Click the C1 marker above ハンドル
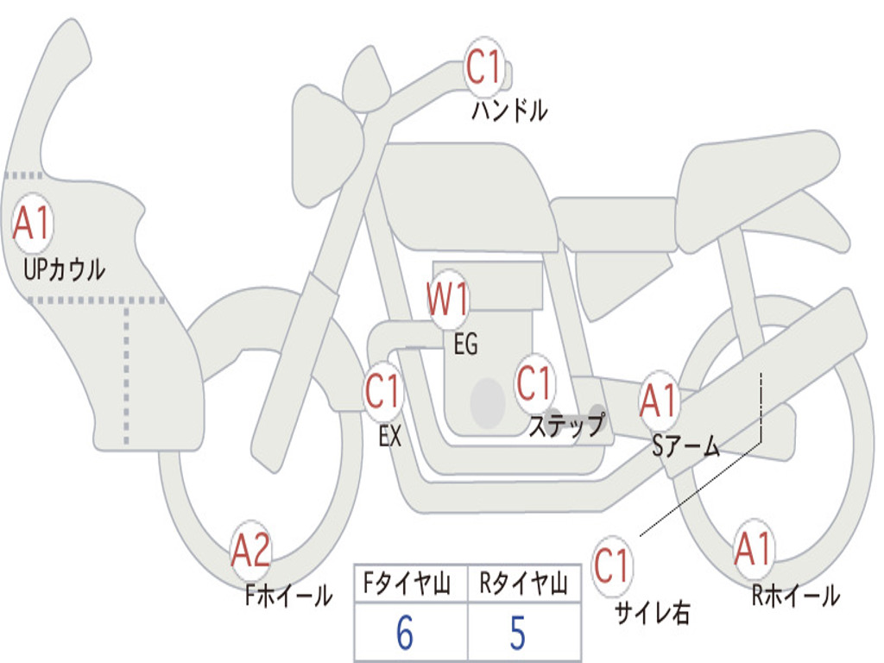click(485, 67)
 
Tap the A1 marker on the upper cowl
click(33, 224)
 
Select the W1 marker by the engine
click(449, 300)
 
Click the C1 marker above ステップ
click(534, 382)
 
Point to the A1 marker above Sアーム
click(660, 401)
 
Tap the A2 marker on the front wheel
click(251, 551)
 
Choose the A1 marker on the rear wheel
click(754, 549)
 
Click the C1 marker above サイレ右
click(611, 566)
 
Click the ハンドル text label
click(509, 110)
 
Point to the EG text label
click(464, 344)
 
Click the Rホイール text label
click(795, 595)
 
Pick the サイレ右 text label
click(652, 612)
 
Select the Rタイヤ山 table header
click(522, 584)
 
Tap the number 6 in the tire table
click(404, 634)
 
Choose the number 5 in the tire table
click(517, 634)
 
